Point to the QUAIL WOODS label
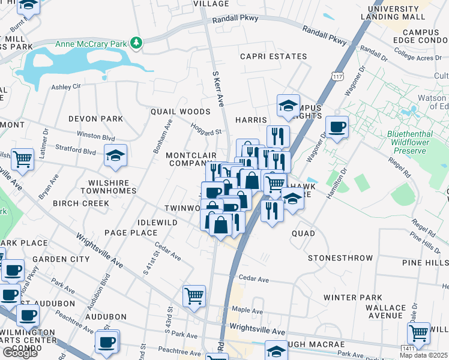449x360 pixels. point(180,112)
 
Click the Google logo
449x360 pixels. point(20,353)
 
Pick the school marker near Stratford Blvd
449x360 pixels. point(115,156)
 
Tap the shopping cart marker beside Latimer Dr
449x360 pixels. point(23,160)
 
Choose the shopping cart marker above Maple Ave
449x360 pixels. point(194,295)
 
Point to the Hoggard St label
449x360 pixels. point(206,128)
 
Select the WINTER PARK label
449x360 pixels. point(361,298)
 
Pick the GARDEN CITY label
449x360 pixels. point(61,259)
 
